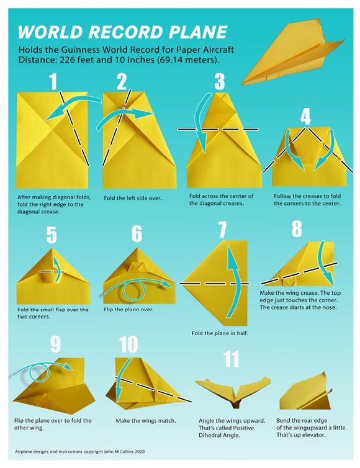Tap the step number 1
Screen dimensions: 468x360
53,81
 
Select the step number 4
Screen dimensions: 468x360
305,116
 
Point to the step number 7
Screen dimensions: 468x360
222,231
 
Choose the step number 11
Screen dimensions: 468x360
230,359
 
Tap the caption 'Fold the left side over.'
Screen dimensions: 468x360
132,198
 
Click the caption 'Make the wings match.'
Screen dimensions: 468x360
146,421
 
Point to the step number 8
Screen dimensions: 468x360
297,229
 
